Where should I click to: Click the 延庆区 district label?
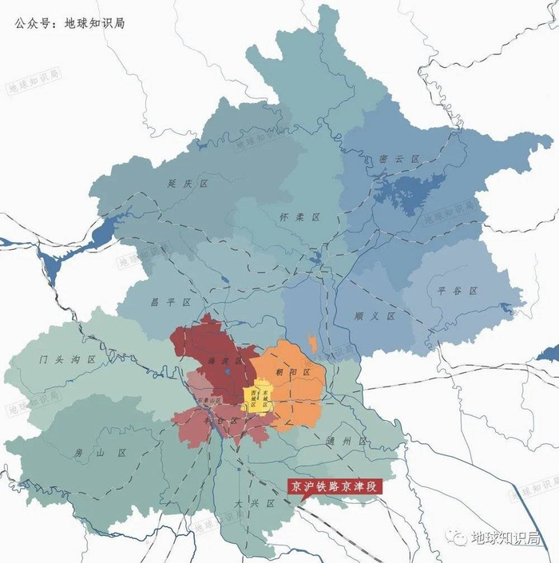pyautogui.click(x=188, y=183)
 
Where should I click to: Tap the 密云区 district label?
pyautogui.click(x=400, y=159)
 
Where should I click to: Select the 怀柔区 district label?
pyautogui.click(x=301, y=217)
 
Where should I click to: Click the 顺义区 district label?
pyautogui.click(x=375, y=316)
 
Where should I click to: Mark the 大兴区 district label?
pyautogui.click(x=256, y=504)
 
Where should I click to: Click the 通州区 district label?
pyautogui.click(x=351, y=441)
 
